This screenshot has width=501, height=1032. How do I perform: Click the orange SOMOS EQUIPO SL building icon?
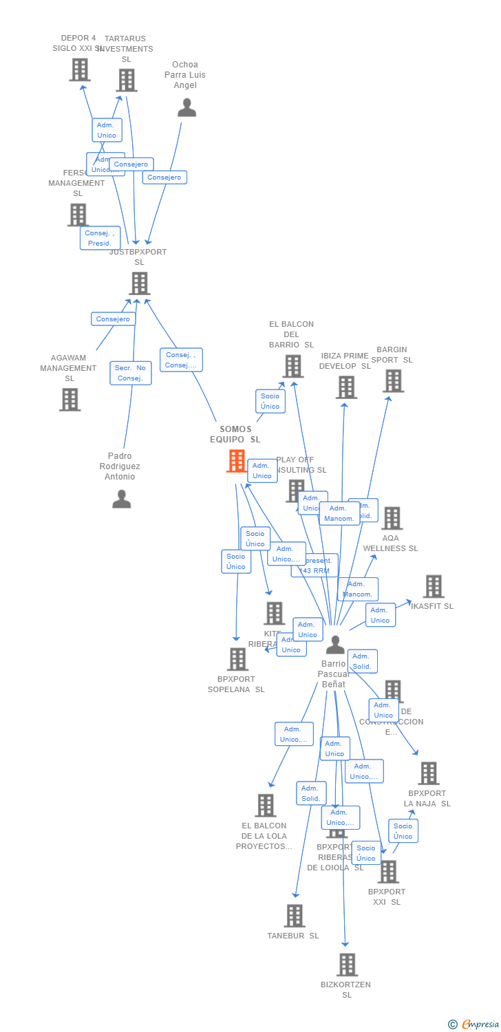237,460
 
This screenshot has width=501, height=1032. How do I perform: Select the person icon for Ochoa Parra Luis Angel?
186,108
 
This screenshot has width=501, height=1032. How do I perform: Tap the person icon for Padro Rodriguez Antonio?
121,499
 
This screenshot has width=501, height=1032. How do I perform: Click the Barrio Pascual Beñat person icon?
335,645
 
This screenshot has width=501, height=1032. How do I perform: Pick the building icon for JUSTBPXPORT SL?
139,283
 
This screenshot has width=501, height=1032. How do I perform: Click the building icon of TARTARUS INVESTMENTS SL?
126,80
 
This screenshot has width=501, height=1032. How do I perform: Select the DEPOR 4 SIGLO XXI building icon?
80,69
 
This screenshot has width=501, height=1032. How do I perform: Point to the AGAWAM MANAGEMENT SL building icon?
70,400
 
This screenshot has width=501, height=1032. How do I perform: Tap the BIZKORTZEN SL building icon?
347,965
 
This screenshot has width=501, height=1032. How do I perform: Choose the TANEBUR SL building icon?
295,916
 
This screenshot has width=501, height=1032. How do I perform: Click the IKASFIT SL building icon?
433,586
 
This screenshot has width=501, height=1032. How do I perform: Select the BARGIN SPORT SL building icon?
393,380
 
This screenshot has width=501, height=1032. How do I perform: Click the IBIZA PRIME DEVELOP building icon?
346,387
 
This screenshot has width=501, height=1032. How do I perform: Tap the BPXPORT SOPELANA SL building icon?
237,659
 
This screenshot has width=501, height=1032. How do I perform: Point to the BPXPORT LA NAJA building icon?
428,773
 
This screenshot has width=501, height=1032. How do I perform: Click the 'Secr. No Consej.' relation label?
131,373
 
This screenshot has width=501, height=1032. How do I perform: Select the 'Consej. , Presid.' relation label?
100,238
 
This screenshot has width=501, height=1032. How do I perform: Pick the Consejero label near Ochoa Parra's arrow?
164,178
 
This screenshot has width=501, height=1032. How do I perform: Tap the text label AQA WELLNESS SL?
390,544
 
